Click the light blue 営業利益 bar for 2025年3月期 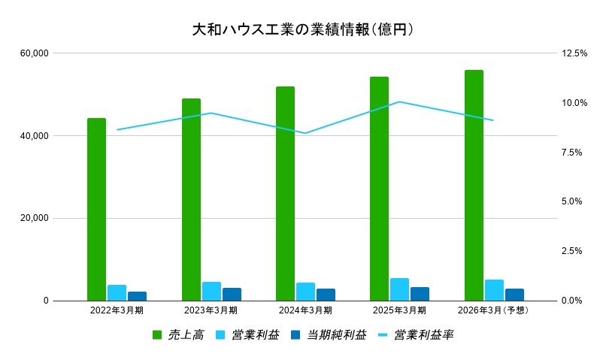tap(399, 289)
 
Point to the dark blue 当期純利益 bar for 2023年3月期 tap(232, 294)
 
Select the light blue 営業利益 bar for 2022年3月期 tap(117, 292)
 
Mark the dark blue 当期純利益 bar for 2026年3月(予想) tap(514, 295)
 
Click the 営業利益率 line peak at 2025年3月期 tap(399, 101)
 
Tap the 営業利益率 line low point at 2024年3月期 tap(305, 133)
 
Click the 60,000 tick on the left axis tap(35, 53)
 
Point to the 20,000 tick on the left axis tap(35, 218)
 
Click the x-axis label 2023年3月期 tap(211, 310)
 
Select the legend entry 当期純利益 tap(336, 334)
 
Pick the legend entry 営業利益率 tap(423, 334)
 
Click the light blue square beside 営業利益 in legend tap(221, 334)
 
